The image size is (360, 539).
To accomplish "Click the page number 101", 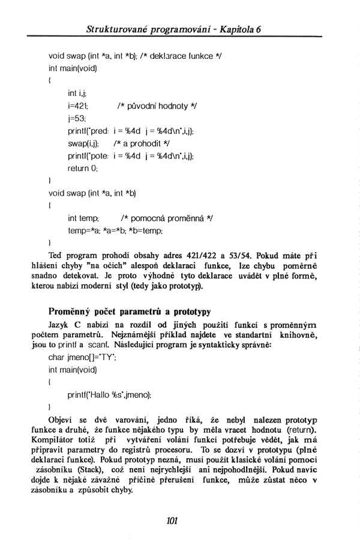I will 173,520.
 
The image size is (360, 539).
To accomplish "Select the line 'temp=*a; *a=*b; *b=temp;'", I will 115,229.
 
